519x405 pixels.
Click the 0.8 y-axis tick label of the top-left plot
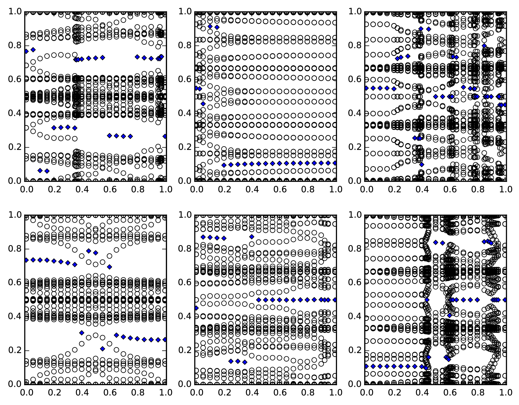point(15,46)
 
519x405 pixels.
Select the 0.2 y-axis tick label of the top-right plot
point(355,147)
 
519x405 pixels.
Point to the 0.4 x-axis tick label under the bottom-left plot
point(82,393)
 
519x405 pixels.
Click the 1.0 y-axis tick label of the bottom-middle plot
point(185,215)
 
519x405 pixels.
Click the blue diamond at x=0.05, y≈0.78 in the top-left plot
point(33,49)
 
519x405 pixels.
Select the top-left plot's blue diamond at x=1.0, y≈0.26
point(165,136)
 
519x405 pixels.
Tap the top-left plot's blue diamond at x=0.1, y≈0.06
point(40,171)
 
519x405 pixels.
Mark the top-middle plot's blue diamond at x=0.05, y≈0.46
point(203,104)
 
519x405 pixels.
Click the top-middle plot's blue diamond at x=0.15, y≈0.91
point(217,27)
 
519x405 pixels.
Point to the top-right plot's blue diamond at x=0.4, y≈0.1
point(422,165)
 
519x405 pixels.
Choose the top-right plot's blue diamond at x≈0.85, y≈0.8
point(484,46)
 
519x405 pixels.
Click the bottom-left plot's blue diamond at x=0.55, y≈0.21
point(103,349)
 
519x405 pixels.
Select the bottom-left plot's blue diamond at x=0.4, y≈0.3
point(82,333)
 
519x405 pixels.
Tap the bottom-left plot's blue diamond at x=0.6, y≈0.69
point(110,267)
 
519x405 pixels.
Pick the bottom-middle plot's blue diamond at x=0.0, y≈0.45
point(196,308)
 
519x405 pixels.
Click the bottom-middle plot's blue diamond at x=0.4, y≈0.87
point(252,237)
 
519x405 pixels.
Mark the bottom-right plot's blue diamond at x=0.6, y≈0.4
point(450,315)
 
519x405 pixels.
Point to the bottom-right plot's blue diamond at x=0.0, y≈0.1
point(366,366)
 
